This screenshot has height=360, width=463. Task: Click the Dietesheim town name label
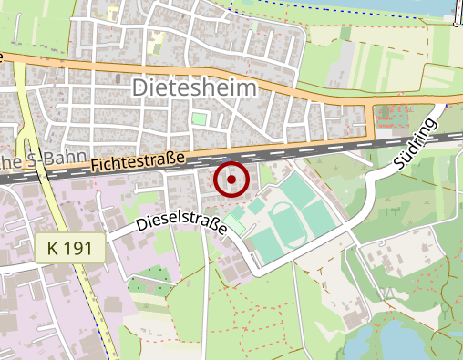pyautogui.click(x=195, y=87)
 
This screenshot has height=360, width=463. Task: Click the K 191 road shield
pyautogui.click(x=72, y=248)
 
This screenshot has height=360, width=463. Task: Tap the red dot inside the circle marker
pyautogui.click(x=231, y=180)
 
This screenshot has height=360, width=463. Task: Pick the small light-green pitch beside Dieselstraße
pyautogui.click(x=236, y=222)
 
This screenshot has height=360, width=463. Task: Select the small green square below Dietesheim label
pyautogui.click(x=199, y=119)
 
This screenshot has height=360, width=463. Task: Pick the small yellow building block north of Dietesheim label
pyautogui.click(x=156, y=38)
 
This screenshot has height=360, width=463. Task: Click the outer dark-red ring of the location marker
pyautogui.click(x=231, y=163)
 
